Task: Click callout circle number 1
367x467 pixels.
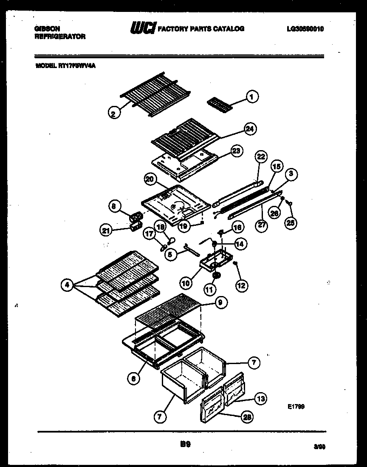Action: pos(252,97)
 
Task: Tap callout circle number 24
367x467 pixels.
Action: pos(251,129)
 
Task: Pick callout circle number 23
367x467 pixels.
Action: pos(236,151)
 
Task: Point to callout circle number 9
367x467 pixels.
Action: pos(220,302)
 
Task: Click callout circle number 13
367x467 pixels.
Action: pos(260,398)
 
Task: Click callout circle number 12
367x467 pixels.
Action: pos(242,285)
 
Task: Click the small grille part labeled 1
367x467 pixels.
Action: pos(220,104)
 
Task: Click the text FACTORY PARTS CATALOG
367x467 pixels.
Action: pos(201,29)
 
